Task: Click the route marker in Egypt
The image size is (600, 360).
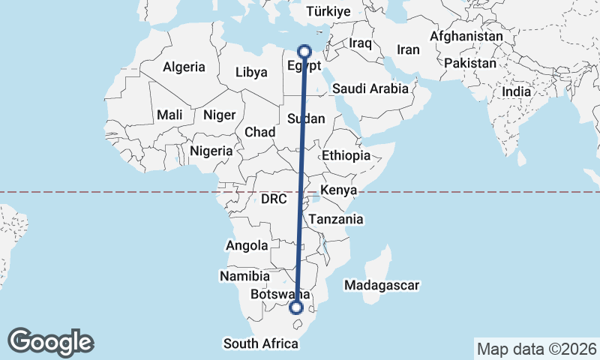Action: [x=304, y=51]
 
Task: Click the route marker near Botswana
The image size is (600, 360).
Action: [x=296, y=307]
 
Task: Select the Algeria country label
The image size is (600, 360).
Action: [x=184, y=67]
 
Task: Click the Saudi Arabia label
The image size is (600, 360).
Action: [x=370, y=88]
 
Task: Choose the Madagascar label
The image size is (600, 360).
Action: [x=381, y=285]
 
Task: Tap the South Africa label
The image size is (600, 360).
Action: [x=260, y=343]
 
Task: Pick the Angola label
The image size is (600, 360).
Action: [x=247, y=245]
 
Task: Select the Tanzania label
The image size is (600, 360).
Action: [x=335, y=220]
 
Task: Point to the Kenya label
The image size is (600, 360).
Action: [x=337, y=190]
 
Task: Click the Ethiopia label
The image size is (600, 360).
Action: [x=346, y=155]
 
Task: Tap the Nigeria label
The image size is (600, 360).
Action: [x=211, y=151]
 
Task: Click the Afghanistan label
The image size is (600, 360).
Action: [x=466, y=36]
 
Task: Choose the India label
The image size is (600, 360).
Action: [x=516, y=91]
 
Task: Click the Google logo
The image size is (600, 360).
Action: [x=50, y=341]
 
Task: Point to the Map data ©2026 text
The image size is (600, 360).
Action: [x=536, y=349]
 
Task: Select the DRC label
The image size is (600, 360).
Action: [x=274, y=199]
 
